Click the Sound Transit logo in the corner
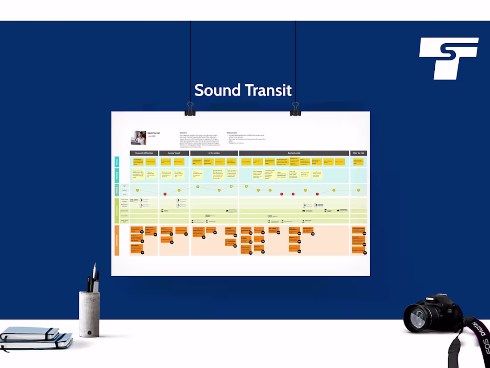[x=448, y=58]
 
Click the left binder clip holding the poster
[x=190, y=108]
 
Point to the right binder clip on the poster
[x=295, y=108]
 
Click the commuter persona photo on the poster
[x=138, y=137]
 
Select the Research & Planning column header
[x=144, y=153]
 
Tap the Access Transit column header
[x=174, y=153]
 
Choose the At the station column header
[x=214, y=153]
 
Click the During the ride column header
[x=294, y=153]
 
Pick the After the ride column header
[x=358, y=153]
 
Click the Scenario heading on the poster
[x=183, y=132]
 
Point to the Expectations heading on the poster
[x=232, y=132]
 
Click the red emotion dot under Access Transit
[x=165, y=194]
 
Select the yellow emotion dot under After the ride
[x=358, y=190]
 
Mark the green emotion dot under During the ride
[x=246, y=186]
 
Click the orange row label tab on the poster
[x=117, y=240]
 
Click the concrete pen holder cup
[x=89, y=314]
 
